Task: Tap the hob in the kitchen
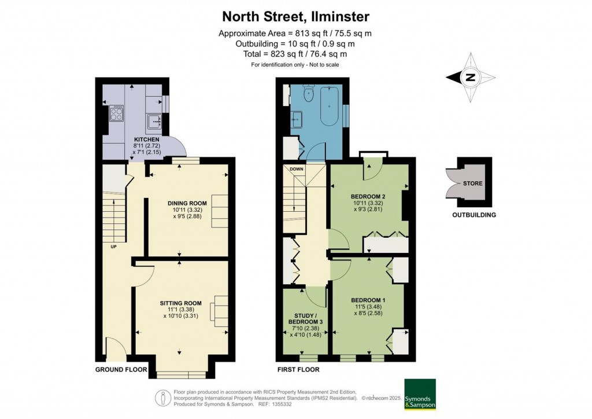116,112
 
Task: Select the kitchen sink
155,122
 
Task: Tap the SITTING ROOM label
181,303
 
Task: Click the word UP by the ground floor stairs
114,247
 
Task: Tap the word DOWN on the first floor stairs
297,169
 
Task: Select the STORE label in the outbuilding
473,183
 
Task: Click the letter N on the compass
471,78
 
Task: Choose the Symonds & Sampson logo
420,394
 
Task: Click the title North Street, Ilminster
295,17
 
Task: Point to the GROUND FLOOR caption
121,369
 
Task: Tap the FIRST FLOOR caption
298,369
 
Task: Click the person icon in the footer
164,398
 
